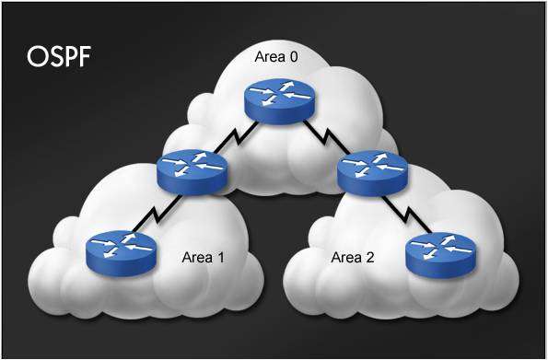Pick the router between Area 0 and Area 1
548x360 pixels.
click(191, 171)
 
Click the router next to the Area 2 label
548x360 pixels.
click(440, 250)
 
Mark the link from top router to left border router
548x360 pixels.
click(235, 137)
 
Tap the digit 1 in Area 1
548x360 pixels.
click(220, 257)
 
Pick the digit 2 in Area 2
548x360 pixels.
click(372, 257)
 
